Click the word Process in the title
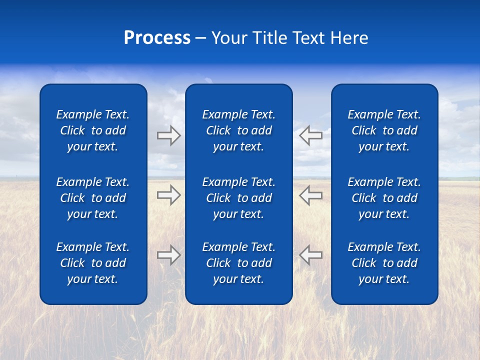157,38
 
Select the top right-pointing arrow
168,135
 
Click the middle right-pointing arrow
168,195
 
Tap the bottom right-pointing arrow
168,255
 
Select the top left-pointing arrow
310,135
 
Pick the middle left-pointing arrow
310,195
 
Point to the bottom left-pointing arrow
310,255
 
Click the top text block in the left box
93,130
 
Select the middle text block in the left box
93,198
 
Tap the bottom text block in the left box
93,263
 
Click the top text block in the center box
239,130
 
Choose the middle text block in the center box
239,198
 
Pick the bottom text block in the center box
239,263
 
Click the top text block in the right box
384,130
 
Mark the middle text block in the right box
384,198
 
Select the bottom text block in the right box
384,263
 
